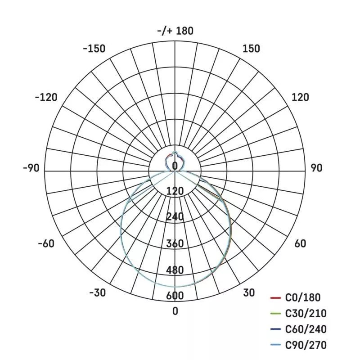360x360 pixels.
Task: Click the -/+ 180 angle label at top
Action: (175, 31)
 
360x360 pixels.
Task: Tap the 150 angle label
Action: (252, 49)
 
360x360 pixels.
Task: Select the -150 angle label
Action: (94, 49)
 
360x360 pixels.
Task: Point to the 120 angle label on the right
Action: (300, 97)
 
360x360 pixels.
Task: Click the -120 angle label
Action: (46, 97)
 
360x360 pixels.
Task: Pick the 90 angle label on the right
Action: (317, 168)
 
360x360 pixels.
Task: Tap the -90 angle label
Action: (31, 168)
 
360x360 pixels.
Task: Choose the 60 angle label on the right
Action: (300, 243)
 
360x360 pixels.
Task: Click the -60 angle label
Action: (46, 243)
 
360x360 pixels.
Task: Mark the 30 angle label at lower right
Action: (249, 293)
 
